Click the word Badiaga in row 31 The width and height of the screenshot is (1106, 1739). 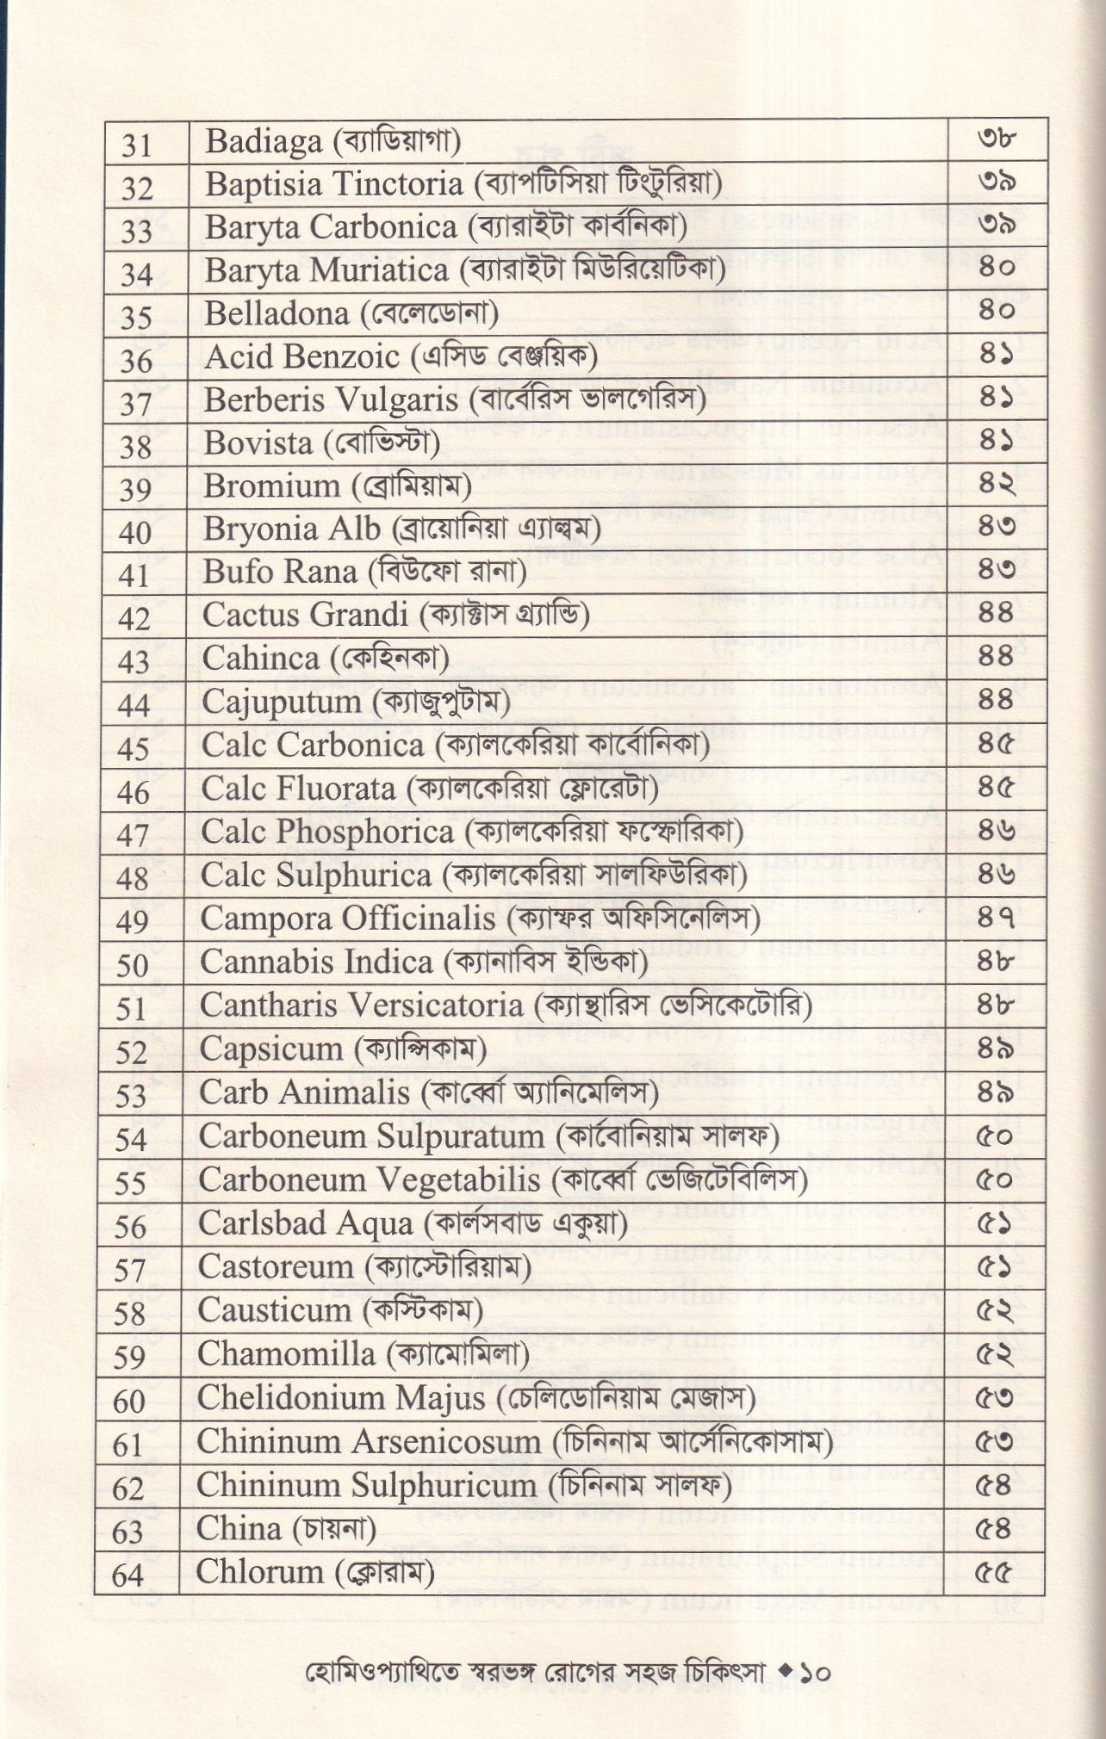pos(263,142)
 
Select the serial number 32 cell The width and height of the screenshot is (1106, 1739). pos(138,187)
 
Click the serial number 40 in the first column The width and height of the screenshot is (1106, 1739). pos(135,532)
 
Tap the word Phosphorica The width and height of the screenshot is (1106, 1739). pos(370,832)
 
